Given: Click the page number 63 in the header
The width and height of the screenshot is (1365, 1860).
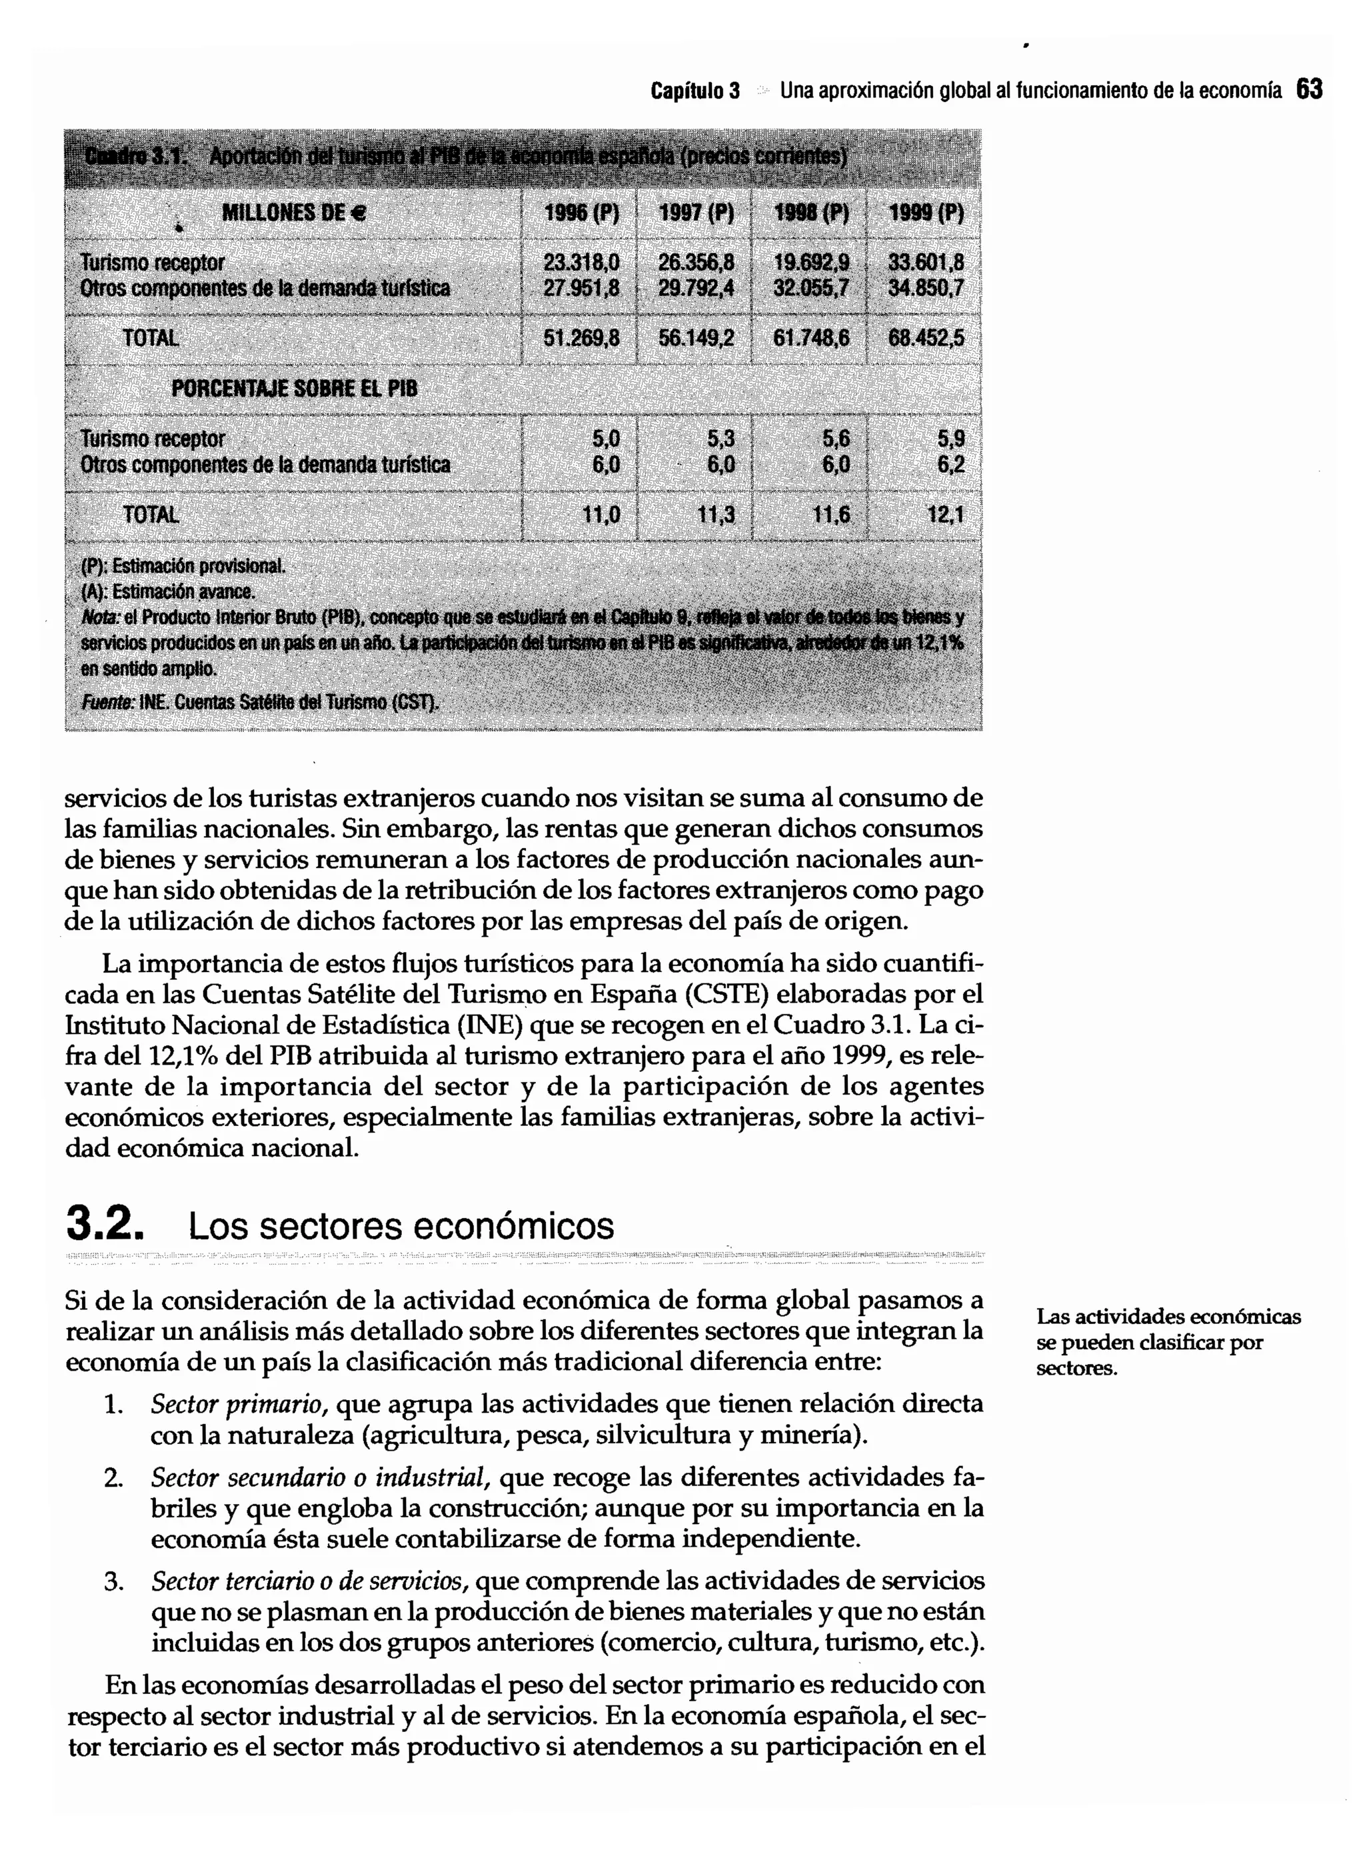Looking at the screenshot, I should [1310, 89].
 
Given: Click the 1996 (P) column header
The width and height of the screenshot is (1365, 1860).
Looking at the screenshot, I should [581, 214].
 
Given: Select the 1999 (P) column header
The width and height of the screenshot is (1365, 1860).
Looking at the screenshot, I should [925, 214].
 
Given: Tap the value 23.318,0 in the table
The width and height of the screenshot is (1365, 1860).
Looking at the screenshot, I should [581, 263].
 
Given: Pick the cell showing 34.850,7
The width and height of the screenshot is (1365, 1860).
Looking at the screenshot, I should [925, 289].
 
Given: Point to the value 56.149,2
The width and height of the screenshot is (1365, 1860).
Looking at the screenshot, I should [696, 338].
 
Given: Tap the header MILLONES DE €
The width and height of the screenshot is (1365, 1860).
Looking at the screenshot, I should [293, 214].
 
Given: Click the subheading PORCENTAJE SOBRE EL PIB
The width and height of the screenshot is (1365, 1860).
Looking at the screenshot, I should [294, 389].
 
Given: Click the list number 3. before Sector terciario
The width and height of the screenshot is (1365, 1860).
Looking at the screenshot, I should [113, 1581].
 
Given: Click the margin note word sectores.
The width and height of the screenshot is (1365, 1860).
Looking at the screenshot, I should [1076, 1369].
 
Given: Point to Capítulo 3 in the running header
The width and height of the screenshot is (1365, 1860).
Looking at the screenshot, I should [695, 89].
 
